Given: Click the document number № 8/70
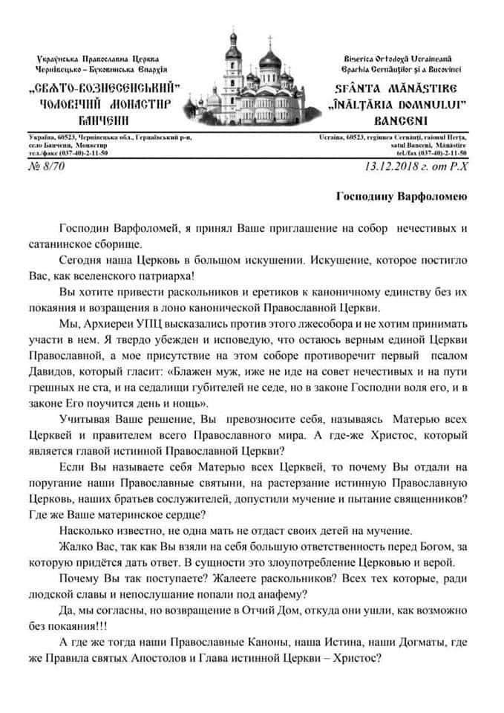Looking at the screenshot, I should click(48, 169).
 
